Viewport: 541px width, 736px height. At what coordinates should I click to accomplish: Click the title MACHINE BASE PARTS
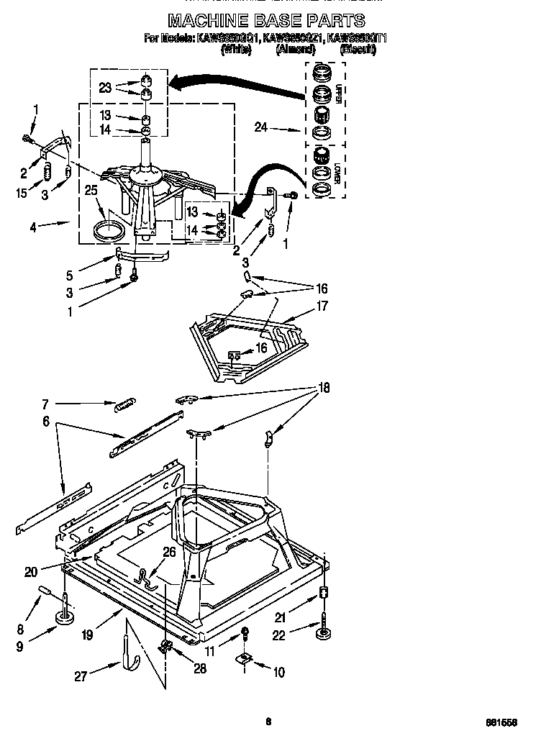(266, 19)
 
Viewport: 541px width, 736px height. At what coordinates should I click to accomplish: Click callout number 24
(262, 129)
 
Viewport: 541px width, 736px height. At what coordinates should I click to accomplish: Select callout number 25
(91, 191)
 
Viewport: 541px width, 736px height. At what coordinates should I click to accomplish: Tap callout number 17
(322, 306)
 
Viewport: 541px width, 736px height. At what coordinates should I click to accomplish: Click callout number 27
(81, 676)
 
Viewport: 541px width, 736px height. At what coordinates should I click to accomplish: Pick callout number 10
(278, 673)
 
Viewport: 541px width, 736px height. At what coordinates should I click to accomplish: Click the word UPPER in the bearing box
(339, 94)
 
